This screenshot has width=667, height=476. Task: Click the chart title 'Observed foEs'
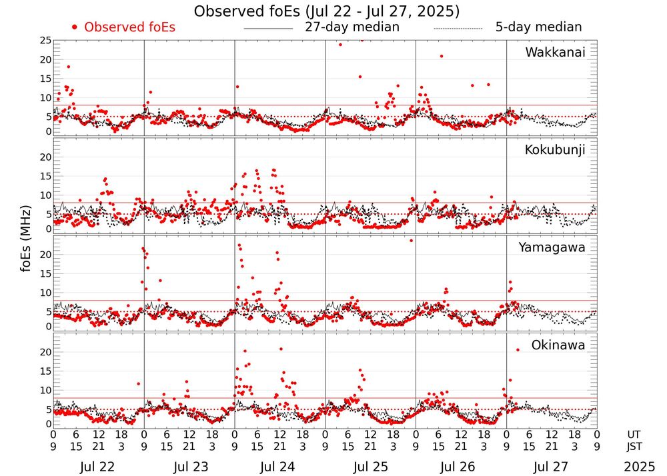click(326, 11)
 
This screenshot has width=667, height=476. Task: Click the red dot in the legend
click(75, 27)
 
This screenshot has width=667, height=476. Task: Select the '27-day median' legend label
click(352, 27)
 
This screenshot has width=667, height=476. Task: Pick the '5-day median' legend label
click(538, 27)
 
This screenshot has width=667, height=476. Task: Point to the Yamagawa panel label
click(552, 247)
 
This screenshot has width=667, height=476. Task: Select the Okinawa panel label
click(558, 345)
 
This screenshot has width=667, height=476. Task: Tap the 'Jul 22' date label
click(98, 467)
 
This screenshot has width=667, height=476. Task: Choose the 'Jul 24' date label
click(279, 467)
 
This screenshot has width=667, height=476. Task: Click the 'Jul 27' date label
click(551, 467)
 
